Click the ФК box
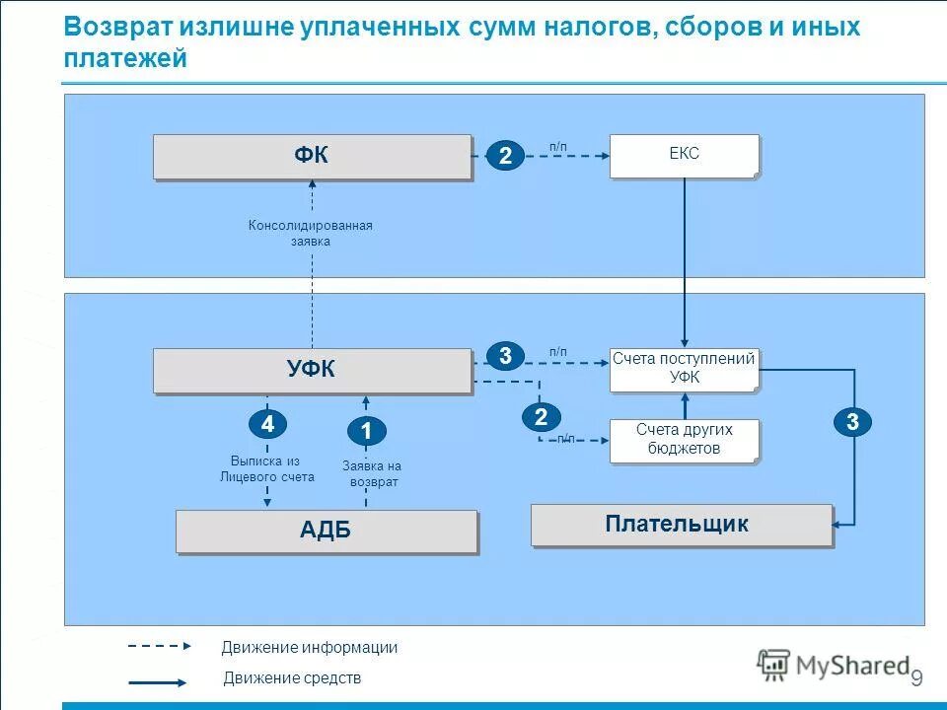pyautogui.click(x=312, y=157)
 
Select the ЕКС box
pyautogui.click(x=684, y=156)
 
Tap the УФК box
pyautogui.click(x=312, y=370)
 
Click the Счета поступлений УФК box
pyautogui.click(x=684, y=369)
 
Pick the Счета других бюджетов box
pyautogui.click(x=684, y=440)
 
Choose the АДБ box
pyautogui.click(x=326, y=531)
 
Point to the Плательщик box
pyautogui.click(x=681, y=525)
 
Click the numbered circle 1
pyautogui.click(x=366, y=431)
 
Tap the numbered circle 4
pyautogui.click(x=266, y=424)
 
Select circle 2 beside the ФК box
pyautogui.click(x=505, y=156)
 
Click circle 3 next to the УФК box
pyautogui.click(x=505, y=356)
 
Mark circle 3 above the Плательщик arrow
pyautogui.click(x=852, y=422)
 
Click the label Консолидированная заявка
pyautogui.click(x=311, y=233)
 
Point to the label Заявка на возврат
pyautogui.click(x=372, y=473)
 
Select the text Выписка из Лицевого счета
pyautogui.click(x=266, y=468)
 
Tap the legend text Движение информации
pyautogui.click(x=309, y=648)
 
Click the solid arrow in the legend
pyautogui.click(x=157, y=681)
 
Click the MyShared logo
pyautogui.click(x=833, y=666)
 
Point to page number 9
pyautogui.click(x=915, y=678)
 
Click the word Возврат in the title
pyautogui.click(x=118, y=27)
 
